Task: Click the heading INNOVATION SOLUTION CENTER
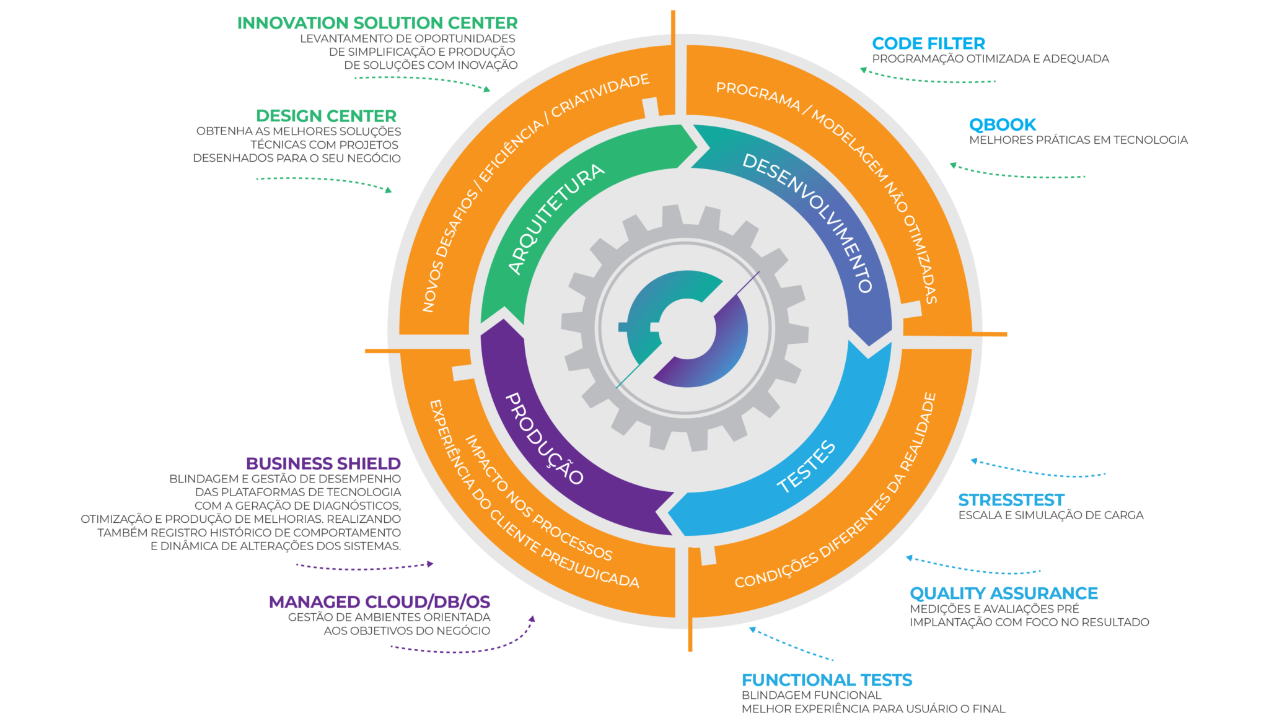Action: [x=377, y=24]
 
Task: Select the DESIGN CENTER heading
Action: [x=326, y=116]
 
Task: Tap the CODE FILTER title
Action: [x=928, y=43]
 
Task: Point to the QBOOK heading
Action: [x=1003, y=125]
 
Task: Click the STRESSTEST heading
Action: [x=1011, y=500]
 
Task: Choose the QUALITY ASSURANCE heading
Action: [x=1004, y=593]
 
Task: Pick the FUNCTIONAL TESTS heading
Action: [x=827, y=680]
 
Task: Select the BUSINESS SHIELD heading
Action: [x=323, y=463]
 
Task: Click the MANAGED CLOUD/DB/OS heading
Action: [x=379, y=601]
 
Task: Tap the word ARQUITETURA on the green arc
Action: [x=555, y=218]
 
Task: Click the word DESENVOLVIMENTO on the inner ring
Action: [x=809, y=222]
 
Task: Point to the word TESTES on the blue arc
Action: [x=806, y=467]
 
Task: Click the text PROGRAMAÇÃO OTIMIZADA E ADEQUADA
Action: [x=990, y=59]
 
